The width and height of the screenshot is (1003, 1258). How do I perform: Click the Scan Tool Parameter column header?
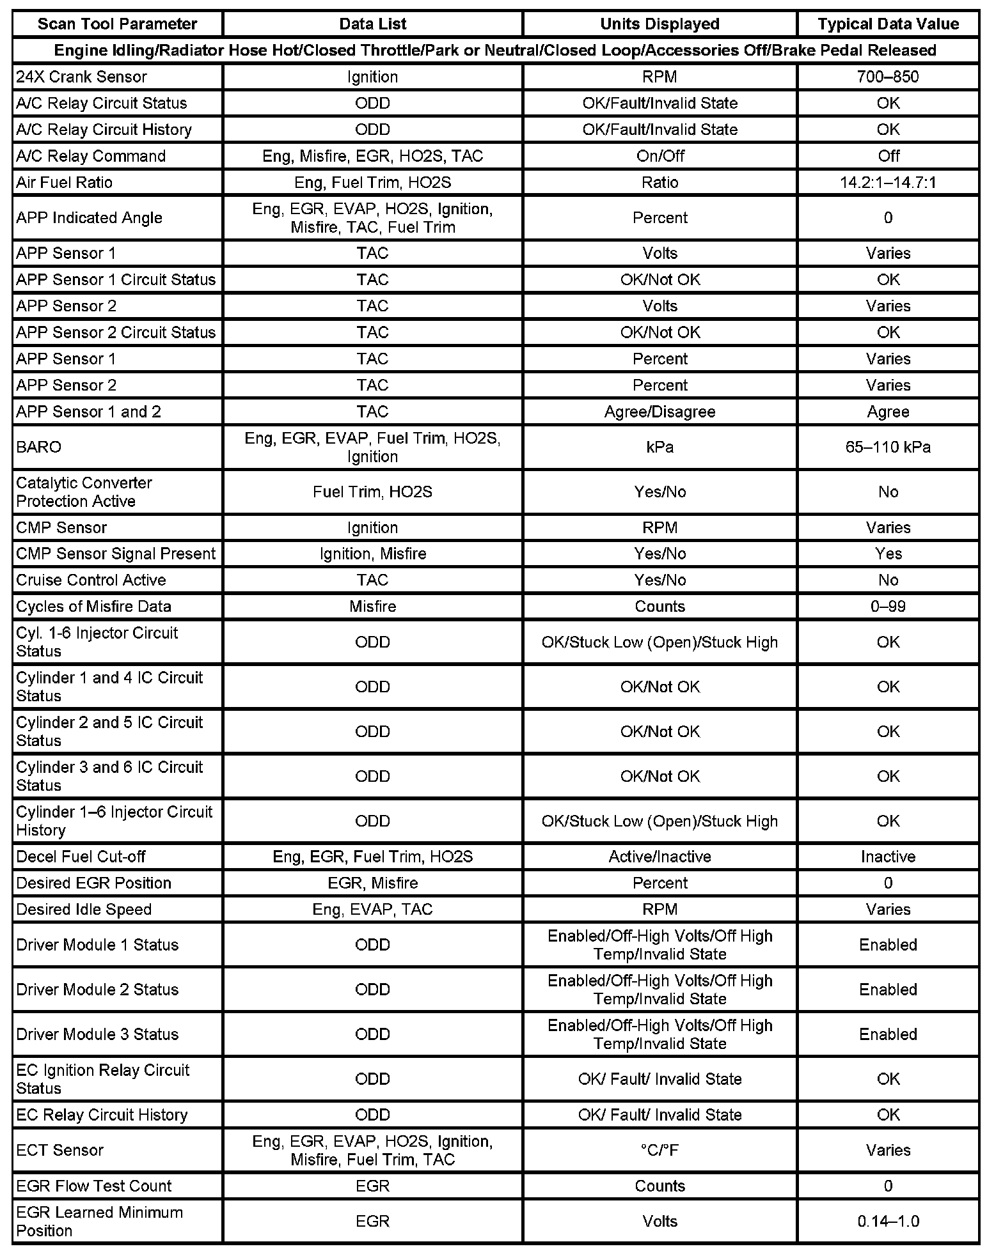click(x=117, y=24)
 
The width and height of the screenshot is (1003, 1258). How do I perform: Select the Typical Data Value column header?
click(x=888, y=24)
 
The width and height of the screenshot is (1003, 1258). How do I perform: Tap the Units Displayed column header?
click(x=659, y=24)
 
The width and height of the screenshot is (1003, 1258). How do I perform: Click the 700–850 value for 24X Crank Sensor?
click(x=888, y=77)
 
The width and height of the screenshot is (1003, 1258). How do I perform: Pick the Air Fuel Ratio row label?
click(x=64, y=183)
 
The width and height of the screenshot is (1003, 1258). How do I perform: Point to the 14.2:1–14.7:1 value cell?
click(x=888, y=183)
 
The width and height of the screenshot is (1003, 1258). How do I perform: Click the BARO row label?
click(x=39, y=447)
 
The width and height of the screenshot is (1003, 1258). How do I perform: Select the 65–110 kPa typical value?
click(x=888, y=447)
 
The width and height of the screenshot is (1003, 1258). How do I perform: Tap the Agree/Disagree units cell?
click(x=659, y=412)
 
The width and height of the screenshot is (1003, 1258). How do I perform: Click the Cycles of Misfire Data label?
click(x=93, y=606)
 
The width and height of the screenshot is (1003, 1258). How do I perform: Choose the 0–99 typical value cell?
click(x=888, y=606)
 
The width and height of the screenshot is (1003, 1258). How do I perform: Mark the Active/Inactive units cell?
click(x=659, y=857)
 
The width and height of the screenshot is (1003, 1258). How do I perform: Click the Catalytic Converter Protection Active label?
click(x=84, y=492)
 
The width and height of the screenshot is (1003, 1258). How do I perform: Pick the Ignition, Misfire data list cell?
click(x=372, y=554)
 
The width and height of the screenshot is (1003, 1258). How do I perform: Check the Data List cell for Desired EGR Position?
click(x=372, y=883)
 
